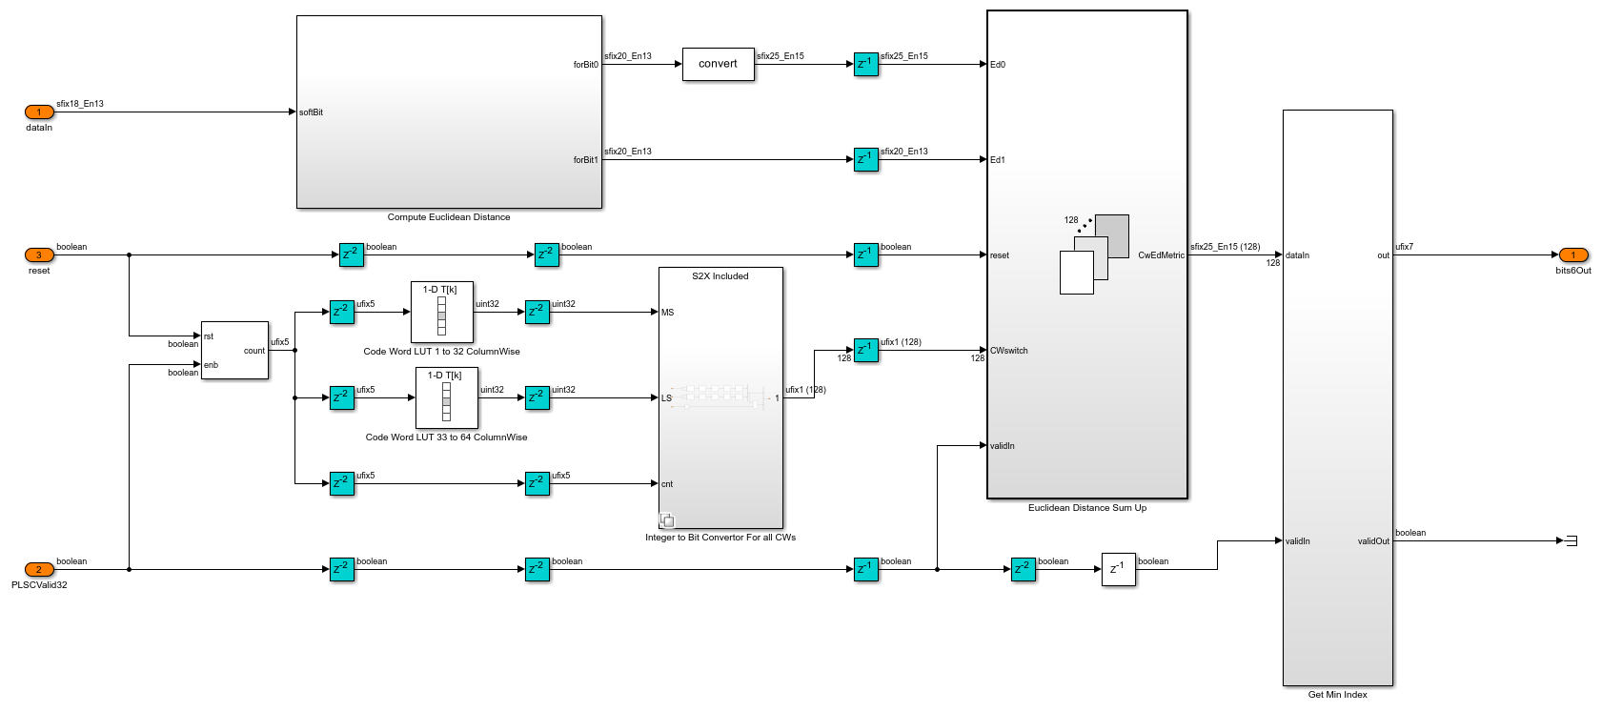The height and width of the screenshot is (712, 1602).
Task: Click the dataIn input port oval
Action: click(39, 112)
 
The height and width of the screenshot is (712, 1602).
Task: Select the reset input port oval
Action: click(39, 255)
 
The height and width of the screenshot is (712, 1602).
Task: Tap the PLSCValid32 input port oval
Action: click(39, 570)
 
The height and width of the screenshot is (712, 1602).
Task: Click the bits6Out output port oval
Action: click(1572, 255)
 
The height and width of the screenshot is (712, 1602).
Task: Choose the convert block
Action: click(718, 65)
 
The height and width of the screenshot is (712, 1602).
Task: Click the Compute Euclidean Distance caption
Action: click(448, 217)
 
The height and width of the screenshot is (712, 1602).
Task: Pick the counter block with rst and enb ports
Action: click(234, 351)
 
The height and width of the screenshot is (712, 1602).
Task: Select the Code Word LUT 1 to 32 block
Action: click(441, 313)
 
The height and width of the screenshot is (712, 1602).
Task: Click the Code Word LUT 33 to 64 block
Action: click(446, 398)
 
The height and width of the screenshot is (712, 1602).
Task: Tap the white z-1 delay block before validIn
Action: click(1118, 569)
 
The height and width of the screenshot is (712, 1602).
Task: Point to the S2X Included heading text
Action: click(720, 276)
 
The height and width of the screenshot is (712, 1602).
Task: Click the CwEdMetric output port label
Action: click(1161, 255)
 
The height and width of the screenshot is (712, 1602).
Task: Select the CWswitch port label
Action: click(1008, 351)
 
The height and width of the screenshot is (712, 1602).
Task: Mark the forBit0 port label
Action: click(585, 65)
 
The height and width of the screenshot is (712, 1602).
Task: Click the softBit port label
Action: click(311, 112)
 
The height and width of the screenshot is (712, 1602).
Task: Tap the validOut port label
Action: click(1373, 541)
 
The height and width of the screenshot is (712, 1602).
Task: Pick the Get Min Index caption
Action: click(1337, 695)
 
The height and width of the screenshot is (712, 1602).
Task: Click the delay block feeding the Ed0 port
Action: click(865, 65)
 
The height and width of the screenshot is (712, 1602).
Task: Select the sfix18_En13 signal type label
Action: click(80, 104)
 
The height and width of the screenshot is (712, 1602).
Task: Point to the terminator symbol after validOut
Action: click(1571, 541)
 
